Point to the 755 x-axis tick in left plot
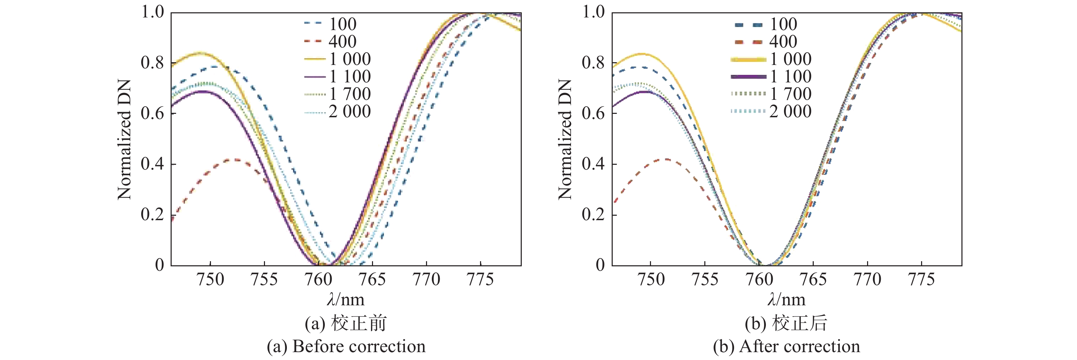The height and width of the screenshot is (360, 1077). click(x=264, y=279)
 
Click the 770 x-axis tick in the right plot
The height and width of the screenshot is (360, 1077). click(x=867, y=279)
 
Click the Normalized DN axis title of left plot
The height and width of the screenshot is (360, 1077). click(x=124, y=139)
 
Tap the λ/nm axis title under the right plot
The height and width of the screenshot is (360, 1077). click(x=786, y=299)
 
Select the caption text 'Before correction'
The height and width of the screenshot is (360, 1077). click(x=359, y=347)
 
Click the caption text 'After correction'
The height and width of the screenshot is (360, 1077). click(x=799, y=347)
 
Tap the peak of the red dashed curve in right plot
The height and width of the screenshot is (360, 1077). click(x=666, y=159)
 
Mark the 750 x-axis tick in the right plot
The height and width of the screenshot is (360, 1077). click(x=651, y=279)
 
